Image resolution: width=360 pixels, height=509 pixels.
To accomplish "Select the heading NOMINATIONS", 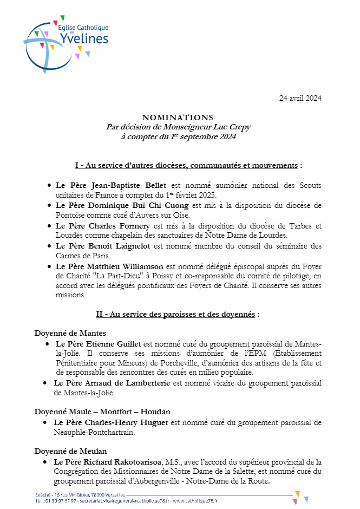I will (178, 117).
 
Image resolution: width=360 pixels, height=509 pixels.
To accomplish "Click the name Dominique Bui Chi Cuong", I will (135, 205).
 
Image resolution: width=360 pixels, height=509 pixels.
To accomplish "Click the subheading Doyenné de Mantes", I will (70, 333).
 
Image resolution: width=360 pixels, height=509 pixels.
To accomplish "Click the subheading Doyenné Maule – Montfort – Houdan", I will (95, 412).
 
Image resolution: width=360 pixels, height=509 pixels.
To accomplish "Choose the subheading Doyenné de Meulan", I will (70, 451).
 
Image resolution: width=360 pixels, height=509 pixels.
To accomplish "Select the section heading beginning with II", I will (178, 314).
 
